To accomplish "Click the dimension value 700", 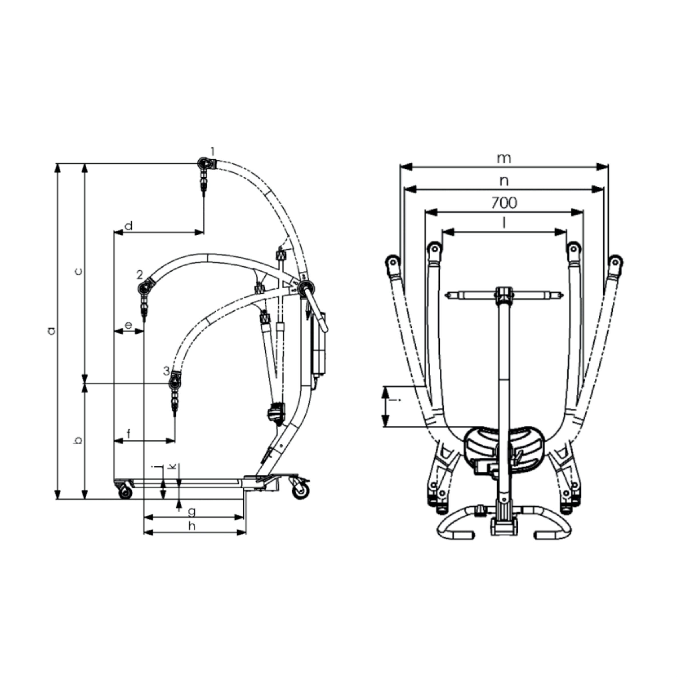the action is pyautogui.click(x=504, y=203).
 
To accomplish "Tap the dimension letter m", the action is pyautogui.click(x=504, y=159).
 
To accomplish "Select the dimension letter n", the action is pyautogui.click(x=504, y=181).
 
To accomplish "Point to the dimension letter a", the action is pyautogui.click(x=52, y=331).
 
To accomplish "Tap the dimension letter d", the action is pyautogui.click(x=129, y=226).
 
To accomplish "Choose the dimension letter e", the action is pyautogui.click(x=128, y=325).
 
